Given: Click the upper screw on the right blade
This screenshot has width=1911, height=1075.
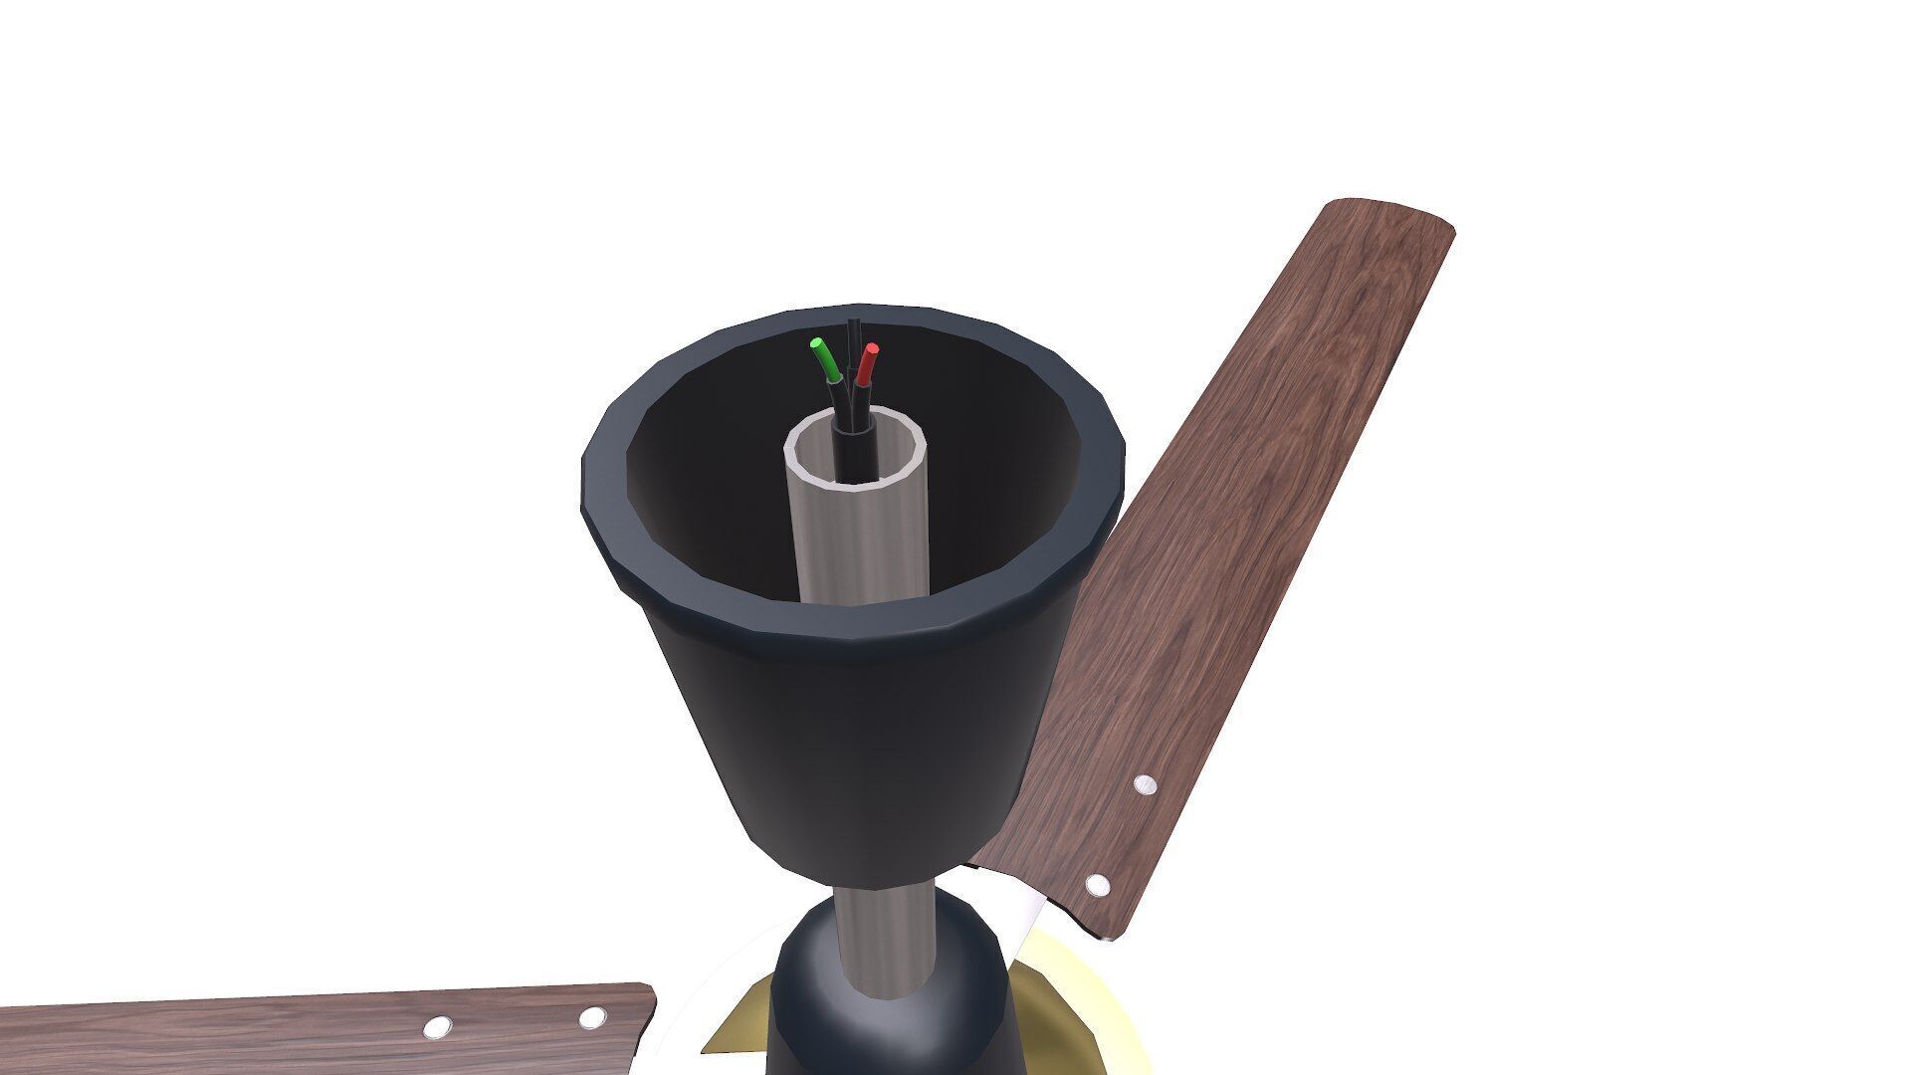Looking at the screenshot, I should coord(1146,784).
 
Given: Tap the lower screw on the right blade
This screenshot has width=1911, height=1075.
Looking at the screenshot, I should coord(1097,884).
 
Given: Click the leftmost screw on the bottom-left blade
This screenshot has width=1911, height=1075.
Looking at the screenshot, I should coord(436,1027).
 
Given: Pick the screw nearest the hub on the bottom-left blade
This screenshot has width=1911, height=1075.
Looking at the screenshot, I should coord(592,1017).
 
